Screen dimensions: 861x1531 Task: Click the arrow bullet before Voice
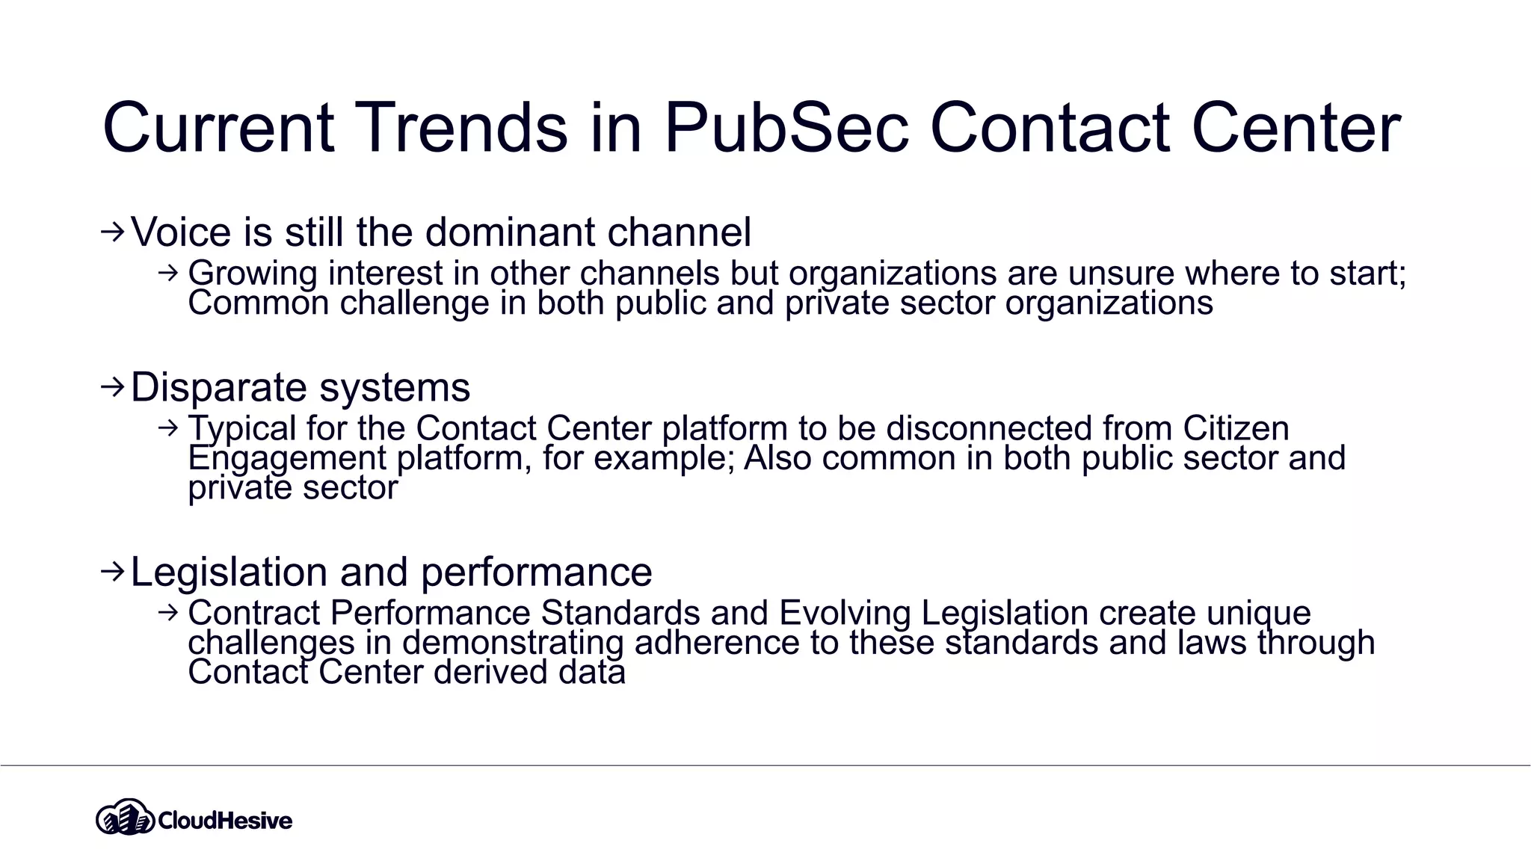(112, 232)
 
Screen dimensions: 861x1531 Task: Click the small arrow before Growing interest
(168, 273)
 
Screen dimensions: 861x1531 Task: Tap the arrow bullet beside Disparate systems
(112, 387)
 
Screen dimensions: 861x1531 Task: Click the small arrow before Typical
(168, 428)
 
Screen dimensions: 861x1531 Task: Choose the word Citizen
(1236, 428)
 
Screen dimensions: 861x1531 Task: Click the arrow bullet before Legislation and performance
(112, 573)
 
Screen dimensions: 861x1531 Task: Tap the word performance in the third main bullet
(536, 573)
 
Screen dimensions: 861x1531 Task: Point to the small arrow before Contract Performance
(168, 613)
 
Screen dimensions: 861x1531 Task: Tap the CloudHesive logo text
(225, 821)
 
